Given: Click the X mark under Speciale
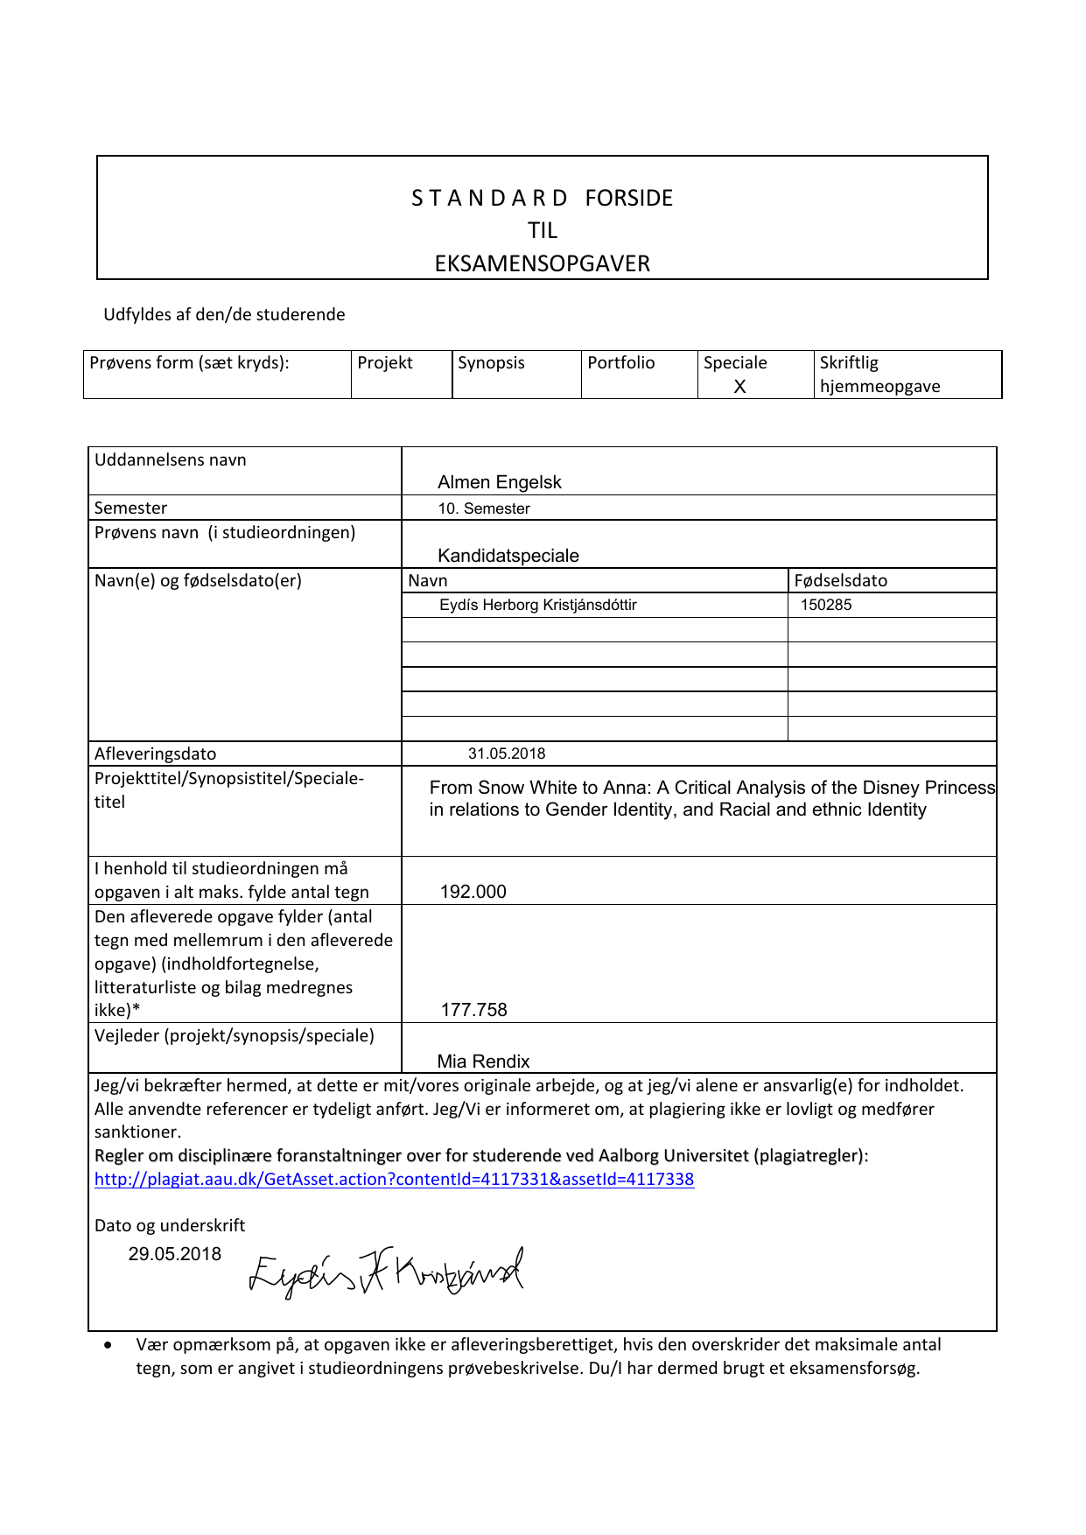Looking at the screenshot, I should [739, 387].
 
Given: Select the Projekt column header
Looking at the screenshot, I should [385, 363].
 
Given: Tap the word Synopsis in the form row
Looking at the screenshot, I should [491, 363].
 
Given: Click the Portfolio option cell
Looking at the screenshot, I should [621, 363].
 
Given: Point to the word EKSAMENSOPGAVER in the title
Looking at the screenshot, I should [543, 263].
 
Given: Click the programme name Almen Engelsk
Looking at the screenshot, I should [500, 482].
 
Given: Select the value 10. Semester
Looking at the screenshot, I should [484, 508].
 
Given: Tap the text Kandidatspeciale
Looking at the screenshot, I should [508, 556].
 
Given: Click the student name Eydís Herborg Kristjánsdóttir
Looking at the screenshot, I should [538, 605].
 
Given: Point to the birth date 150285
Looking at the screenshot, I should [826, 605].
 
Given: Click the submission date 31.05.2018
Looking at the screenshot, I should [507, 753].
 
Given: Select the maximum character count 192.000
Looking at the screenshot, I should [473, 892].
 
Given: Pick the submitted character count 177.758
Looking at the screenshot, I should [474, 1010].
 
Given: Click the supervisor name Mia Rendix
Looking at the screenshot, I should [484, 1062].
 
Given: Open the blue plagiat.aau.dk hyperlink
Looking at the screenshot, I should [394, 1179].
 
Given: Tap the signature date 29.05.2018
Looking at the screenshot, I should [175, 1254].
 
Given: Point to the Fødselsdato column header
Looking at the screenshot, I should [841, 580].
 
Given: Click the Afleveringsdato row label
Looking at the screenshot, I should [156, 753].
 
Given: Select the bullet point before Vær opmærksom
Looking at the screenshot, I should [109, 1345].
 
